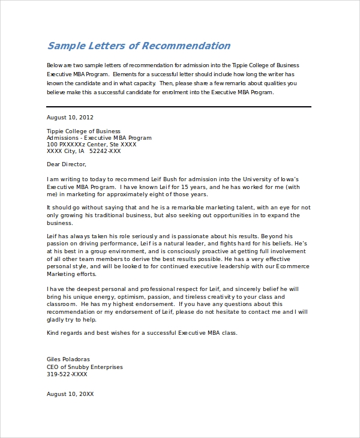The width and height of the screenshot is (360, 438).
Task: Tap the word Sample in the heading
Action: [x=67, y=46]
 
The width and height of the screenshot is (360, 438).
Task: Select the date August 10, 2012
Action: [x=70, y=118]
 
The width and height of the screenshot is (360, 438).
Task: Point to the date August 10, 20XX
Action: [x=70, y=394]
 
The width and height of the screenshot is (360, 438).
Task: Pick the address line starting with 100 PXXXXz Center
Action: [x=91, y=145]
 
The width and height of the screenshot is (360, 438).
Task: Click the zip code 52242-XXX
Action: [x=104, y=151]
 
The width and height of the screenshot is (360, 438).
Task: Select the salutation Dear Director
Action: [x=67, y=164]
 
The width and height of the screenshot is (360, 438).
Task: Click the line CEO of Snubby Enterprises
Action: [x=85, y=367]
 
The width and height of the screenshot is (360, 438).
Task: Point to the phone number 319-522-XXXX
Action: [x=67, y=374]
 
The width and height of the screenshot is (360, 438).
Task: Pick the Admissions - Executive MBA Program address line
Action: [x=99, y=138]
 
